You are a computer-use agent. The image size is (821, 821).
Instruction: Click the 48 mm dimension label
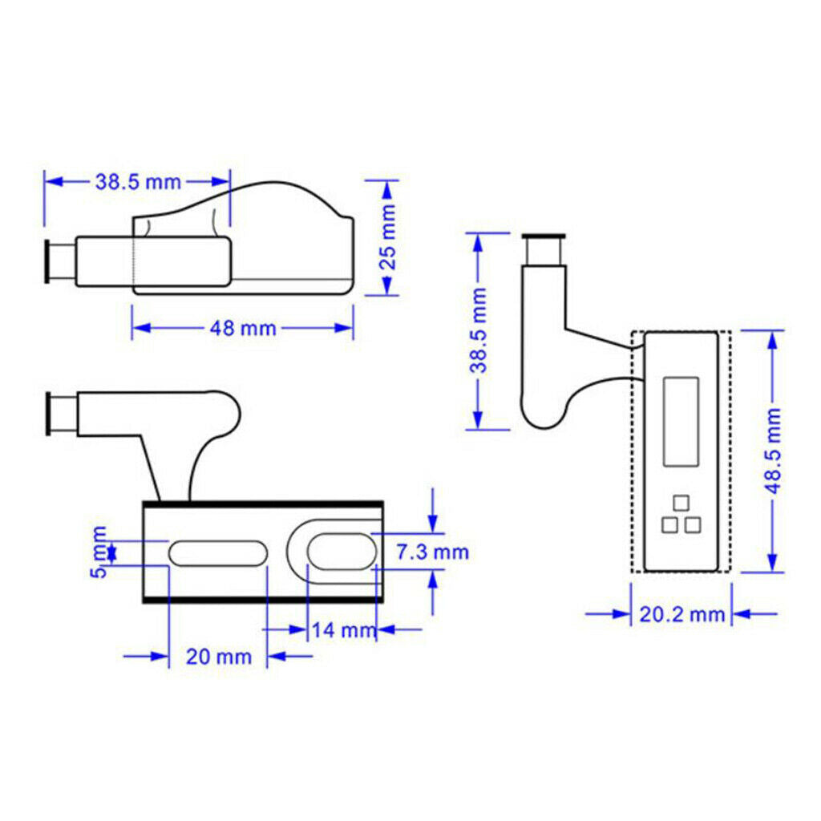242,328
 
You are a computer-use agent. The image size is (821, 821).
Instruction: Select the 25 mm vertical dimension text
388,237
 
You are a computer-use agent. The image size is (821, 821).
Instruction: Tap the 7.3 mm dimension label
432,552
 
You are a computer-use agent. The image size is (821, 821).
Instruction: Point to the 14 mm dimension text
344,630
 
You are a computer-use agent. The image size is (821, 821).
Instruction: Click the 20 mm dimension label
219,657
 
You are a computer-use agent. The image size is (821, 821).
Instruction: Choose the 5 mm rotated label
99,552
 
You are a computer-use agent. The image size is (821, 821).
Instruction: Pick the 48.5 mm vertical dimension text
774,451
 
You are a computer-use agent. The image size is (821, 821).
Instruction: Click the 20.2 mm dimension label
681,614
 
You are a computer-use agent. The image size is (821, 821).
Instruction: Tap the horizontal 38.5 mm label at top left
138,182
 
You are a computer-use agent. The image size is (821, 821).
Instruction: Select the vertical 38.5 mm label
478,330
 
